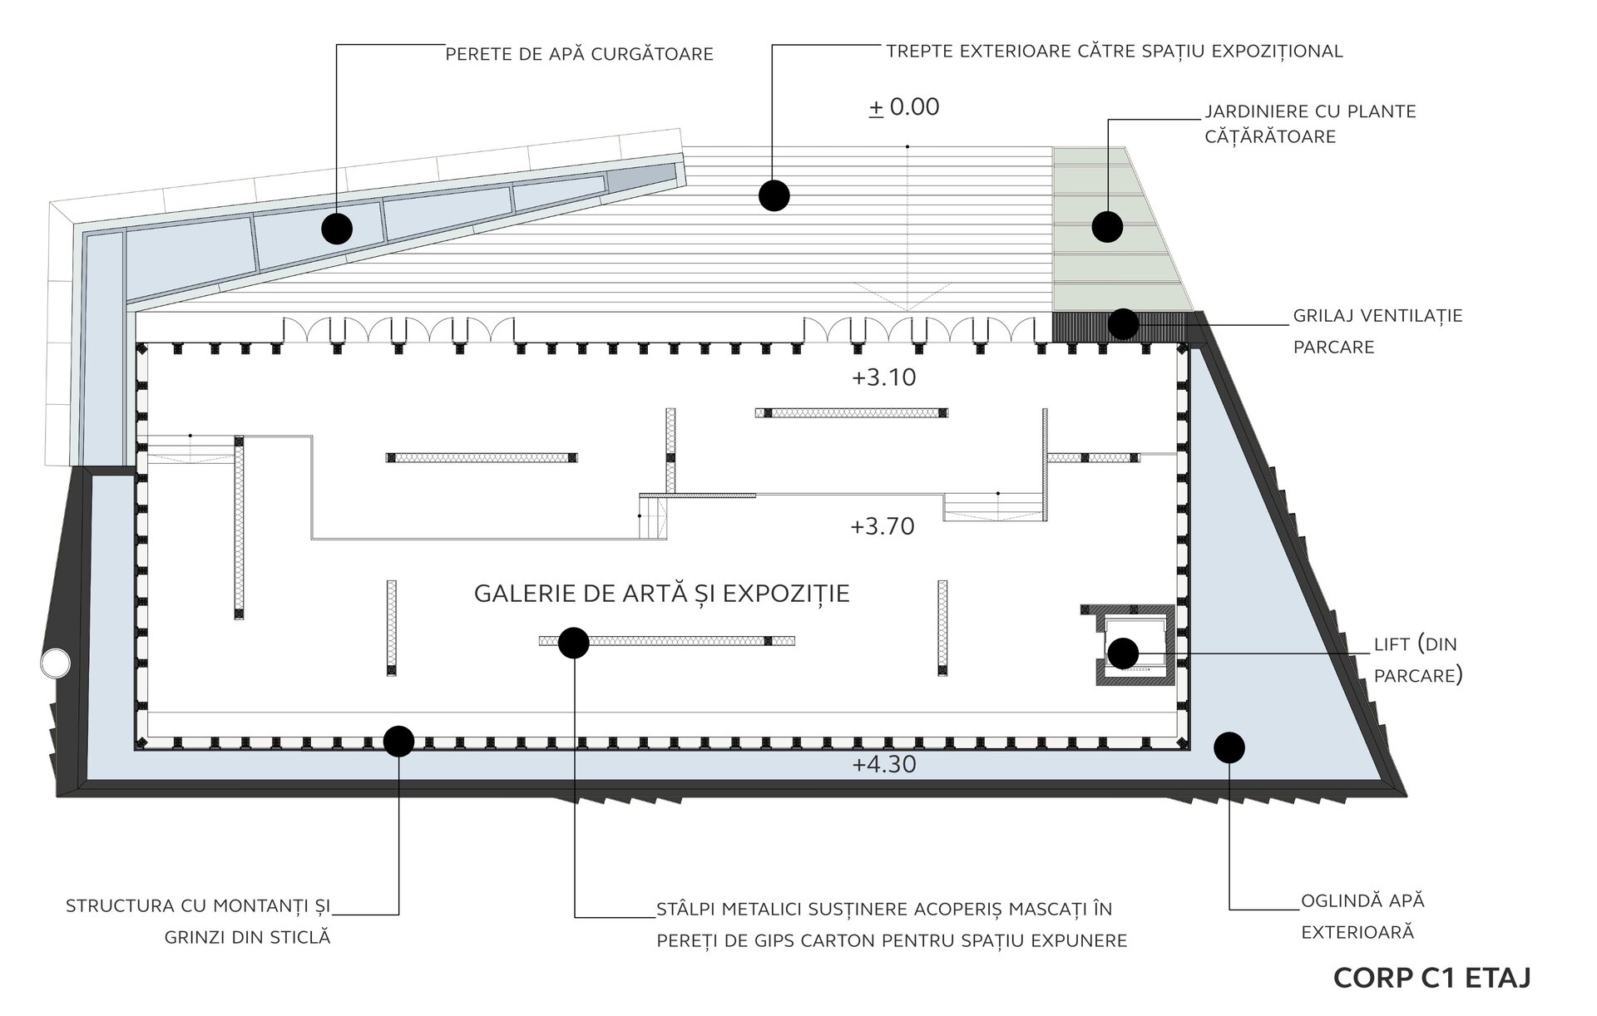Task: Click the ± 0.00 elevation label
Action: click(x=904, y=107)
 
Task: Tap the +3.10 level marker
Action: click(x=883, y=377)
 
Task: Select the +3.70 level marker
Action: click(x=882, y=526)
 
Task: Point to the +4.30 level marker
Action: click(x=883, y=764)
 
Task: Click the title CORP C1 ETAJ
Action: click(x=1431, y=978)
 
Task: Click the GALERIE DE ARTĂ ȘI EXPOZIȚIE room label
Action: click(x=661, y=594)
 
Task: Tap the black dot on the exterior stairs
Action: click(x=774, y=195)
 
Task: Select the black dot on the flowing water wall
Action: click(x=337, y=228)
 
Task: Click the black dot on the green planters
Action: click(x=1107, y=226)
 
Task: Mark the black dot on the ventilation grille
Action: click(x=1123, y=324)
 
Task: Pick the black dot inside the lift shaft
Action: click(x=1123, y=653)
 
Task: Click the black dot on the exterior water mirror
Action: click(x=1229, y=747)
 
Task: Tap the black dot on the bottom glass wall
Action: click(x=398, y=741)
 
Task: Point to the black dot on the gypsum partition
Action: click(x=573, y=643)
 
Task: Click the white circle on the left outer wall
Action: click(x=56, y=663)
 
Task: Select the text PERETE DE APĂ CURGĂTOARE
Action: click(x=579, y=55)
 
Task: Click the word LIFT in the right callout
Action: click(x=1392, y=644)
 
